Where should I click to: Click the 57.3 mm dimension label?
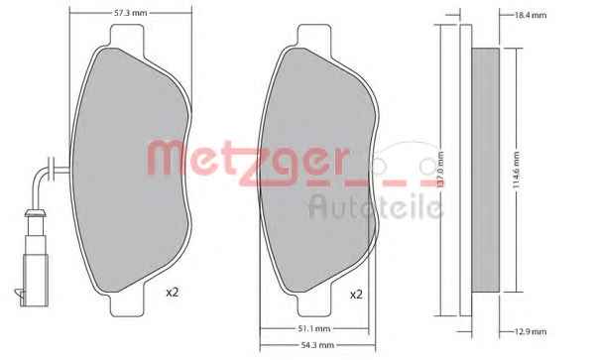pyautogui.click(x=130, y=13)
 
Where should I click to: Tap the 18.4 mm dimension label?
pyautogui.click(x=531, y=16)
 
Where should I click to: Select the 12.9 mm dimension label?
pyautogui.click(x=531, y=332)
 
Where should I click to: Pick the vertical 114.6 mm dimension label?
pyautogui.click(x=517, y=171)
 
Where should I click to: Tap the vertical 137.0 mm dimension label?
pyautogui.click(x=440, y=171)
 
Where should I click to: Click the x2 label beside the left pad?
pyautogui.click(x=172, y=293)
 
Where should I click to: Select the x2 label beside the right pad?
pyautogui.click(x=356, y=295)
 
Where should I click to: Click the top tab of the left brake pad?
pyautogui.click(x=127, y=37)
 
